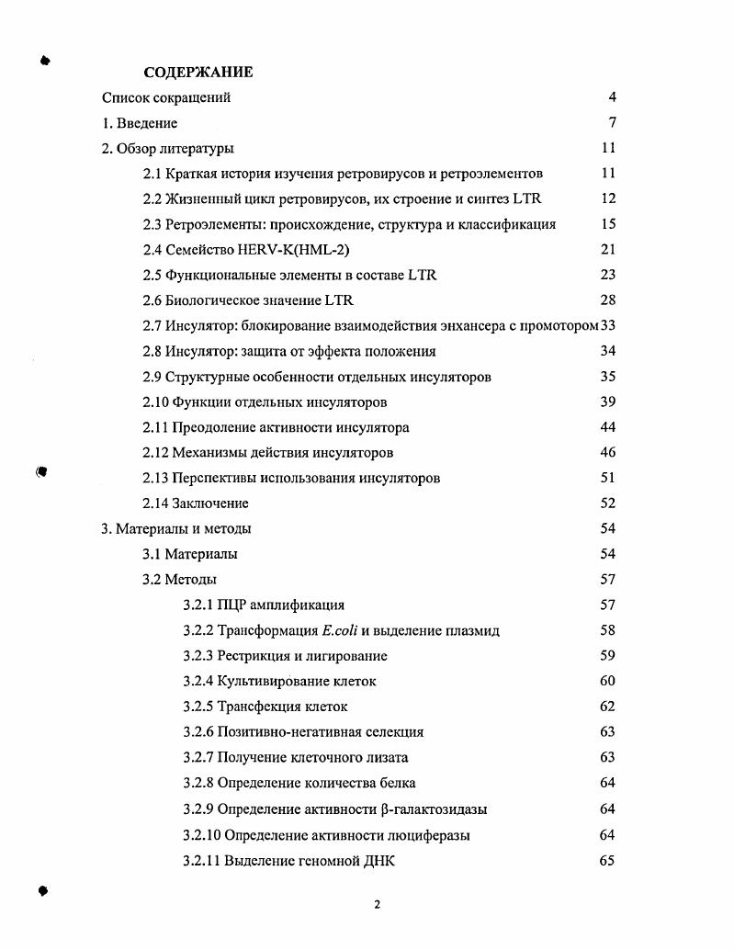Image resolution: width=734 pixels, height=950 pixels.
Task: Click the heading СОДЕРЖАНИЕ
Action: coord(198,72)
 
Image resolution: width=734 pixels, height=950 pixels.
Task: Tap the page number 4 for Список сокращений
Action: coord(612,97)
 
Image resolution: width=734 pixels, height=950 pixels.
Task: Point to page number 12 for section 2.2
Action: coord(608,198)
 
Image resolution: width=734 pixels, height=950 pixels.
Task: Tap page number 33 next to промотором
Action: coord(608,325)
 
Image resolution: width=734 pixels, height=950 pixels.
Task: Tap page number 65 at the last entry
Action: coord(606,861)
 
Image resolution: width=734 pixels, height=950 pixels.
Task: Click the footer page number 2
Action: coord(377,904)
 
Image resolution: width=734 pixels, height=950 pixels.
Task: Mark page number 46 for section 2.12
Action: coord(607,453)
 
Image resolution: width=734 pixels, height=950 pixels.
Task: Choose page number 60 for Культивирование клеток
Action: coord(607,681)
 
